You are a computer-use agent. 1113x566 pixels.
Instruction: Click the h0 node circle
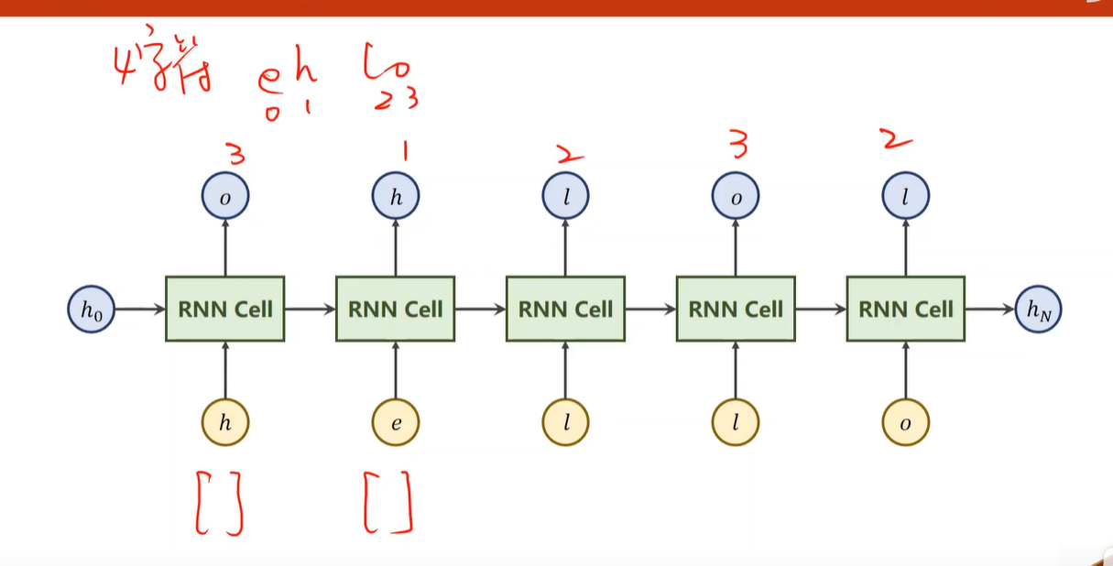pos(91,309)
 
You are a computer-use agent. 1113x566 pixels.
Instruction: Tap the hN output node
pos(1039,309)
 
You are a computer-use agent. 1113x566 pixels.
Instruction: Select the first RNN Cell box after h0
pos(224,309)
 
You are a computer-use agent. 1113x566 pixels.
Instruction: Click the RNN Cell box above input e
pos(395,309)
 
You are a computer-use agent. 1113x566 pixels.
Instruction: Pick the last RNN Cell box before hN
pos(905,309)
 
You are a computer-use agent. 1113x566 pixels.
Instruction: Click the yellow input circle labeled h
pos(224,423)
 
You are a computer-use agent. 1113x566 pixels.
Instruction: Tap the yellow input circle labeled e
pos(395,423)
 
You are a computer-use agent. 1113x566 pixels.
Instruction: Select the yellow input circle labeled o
pos(905,423)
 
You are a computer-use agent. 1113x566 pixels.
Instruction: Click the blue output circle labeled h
pos(395,195)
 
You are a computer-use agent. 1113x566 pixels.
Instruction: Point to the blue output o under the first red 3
pos(224,195)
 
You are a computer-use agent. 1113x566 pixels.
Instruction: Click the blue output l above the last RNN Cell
pos(905,195)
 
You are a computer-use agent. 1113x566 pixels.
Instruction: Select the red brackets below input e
pos(388,503)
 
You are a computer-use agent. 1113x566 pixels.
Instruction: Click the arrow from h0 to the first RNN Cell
pos(139,309)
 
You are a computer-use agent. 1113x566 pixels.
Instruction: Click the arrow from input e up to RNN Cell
pos(395,371)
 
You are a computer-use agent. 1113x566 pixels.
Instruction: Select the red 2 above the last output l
pos(899,142)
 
